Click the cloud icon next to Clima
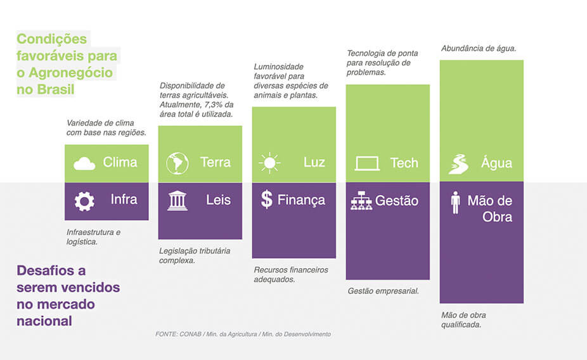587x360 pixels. click(x=84, y=164)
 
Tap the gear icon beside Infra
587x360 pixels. click(x=84, y=202)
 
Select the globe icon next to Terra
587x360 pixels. click(x=177, y=163)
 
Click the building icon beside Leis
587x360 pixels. click(x=177, y=201)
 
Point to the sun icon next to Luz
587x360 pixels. click(x=269, y=163)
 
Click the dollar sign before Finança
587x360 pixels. click(x=267, y=199)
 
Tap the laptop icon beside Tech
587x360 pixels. click(x=367, y=164)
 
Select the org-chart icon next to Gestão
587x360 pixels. click(x=361, y=201)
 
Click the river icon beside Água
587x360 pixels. click(x=458, y=164)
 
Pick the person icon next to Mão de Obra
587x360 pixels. click(x=455, y=202)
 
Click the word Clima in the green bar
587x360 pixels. click(x=120, y=162)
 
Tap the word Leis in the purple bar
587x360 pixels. click(x=218, y=200)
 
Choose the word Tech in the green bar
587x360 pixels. click(x=404, y=163)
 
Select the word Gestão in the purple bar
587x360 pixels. click(x=397, y=201)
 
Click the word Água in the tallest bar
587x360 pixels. click(x=496, y=163)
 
